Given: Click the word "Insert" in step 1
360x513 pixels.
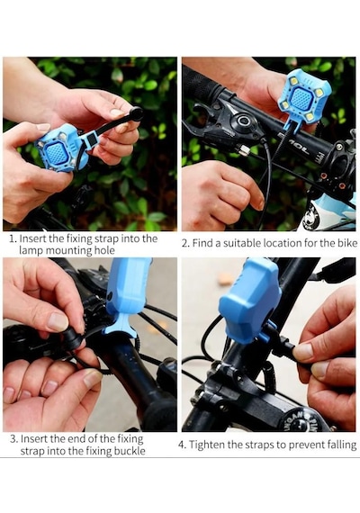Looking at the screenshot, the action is [x=32, y=238].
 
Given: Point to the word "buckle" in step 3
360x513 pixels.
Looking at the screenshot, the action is [x=130, y=451].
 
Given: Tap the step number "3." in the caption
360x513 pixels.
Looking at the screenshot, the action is [x=13, y=438].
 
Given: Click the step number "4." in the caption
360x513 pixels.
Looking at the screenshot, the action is [x=183, y=445].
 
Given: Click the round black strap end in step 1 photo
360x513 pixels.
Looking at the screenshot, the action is [x=136, y=114].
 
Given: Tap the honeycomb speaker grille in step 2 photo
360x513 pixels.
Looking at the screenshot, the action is [x=301, y=100].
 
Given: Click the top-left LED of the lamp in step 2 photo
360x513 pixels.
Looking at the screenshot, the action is [x=294, y=80].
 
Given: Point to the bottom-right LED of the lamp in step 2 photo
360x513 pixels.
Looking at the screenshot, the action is [x=310, y=116].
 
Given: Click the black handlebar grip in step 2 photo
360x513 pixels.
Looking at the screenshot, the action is [x=202, y=85].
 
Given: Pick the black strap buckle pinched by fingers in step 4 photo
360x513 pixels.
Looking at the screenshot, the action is [x=283, y=346].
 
